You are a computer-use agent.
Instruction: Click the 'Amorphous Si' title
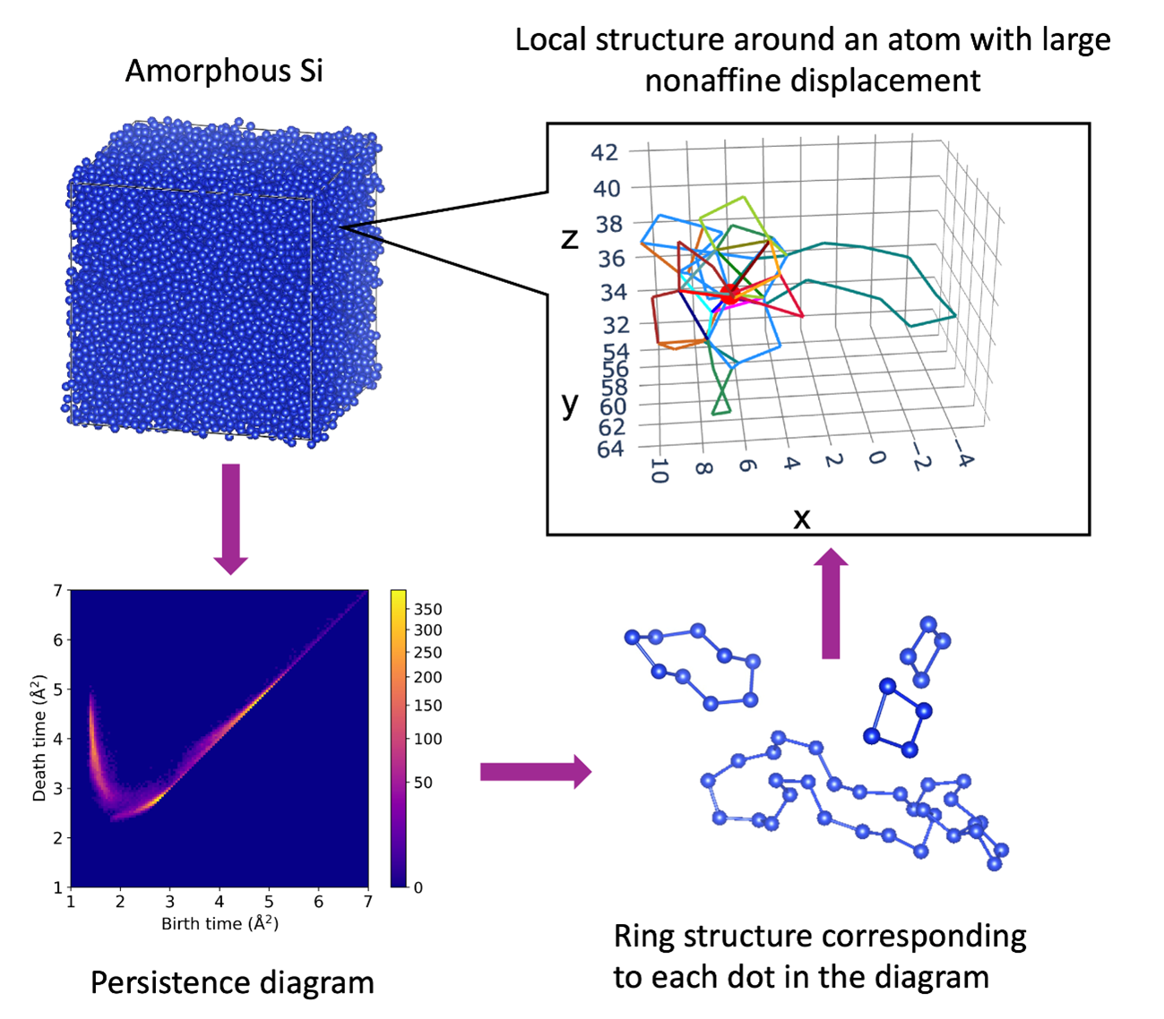223,71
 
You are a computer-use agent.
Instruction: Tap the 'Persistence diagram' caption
232,982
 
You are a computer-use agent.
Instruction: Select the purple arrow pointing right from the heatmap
535,771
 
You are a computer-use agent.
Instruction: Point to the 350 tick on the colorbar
427,610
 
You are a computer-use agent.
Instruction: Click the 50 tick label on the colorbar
422,782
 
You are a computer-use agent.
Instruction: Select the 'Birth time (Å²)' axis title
220,923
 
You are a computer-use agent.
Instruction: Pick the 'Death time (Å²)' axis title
39,739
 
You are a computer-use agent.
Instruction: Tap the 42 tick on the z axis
604,152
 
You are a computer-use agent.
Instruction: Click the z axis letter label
570,237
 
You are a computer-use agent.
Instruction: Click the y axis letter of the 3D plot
570,404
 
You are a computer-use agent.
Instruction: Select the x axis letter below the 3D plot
801,518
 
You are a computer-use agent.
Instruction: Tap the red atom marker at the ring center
729,292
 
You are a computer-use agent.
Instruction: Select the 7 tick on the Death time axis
58,591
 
